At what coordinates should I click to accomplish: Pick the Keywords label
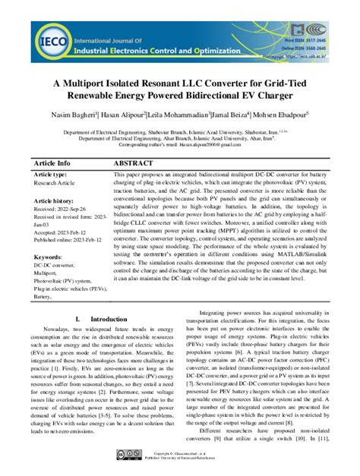click(48, 257)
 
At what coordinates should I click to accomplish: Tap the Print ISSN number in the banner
click(316, 24)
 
